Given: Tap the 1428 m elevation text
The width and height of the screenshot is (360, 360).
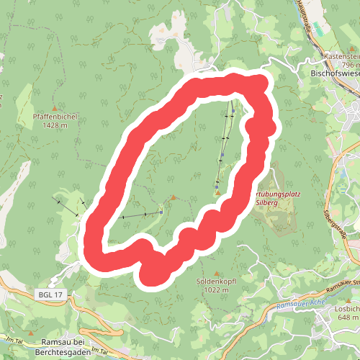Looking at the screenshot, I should point(55,125).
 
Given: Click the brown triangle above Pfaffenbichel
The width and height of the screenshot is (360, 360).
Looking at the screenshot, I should point(55,107).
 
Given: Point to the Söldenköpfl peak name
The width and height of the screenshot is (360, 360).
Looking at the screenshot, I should point(216,282).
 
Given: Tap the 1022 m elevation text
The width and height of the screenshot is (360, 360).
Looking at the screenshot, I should point(216,290).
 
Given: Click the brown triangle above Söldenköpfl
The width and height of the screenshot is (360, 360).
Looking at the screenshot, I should point(216,272).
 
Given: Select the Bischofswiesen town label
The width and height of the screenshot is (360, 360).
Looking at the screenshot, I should point(334,73).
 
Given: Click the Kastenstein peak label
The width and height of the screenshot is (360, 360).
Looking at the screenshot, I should point(341,55).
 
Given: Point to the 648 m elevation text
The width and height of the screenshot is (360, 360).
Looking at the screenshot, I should point(348,318).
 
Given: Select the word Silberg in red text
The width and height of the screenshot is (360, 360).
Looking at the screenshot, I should point(268,204).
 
